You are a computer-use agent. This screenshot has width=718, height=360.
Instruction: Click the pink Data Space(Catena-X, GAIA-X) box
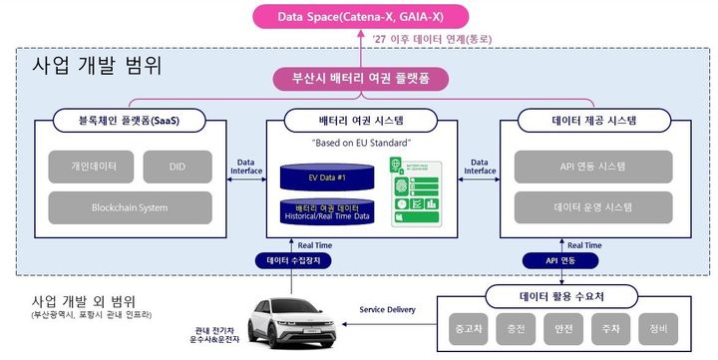pyautogui.click(x=360, y=15)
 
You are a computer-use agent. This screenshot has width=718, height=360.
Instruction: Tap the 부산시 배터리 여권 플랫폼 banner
pyautogui.click(x=361, y=79)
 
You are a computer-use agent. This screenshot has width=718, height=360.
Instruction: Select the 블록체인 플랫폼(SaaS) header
pyautogui.click(x=122, y=122)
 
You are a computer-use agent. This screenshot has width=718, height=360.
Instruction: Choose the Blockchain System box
pyautogui.click(x=131, y=207)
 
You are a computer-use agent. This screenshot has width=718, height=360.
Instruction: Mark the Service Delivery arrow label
pyautogui.click(x=387, y=310)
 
